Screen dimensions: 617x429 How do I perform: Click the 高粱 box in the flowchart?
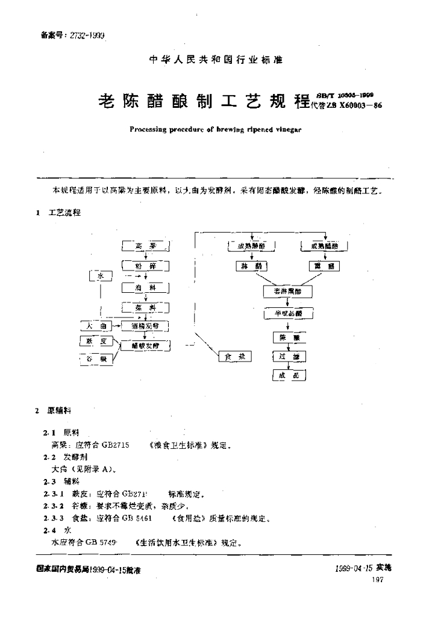tap(145, 246)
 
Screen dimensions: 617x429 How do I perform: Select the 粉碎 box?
tap(145, 266)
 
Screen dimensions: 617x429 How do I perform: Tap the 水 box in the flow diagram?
tap(101, 276)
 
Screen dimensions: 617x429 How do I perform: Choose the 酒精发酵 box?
tap(145, 326)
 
